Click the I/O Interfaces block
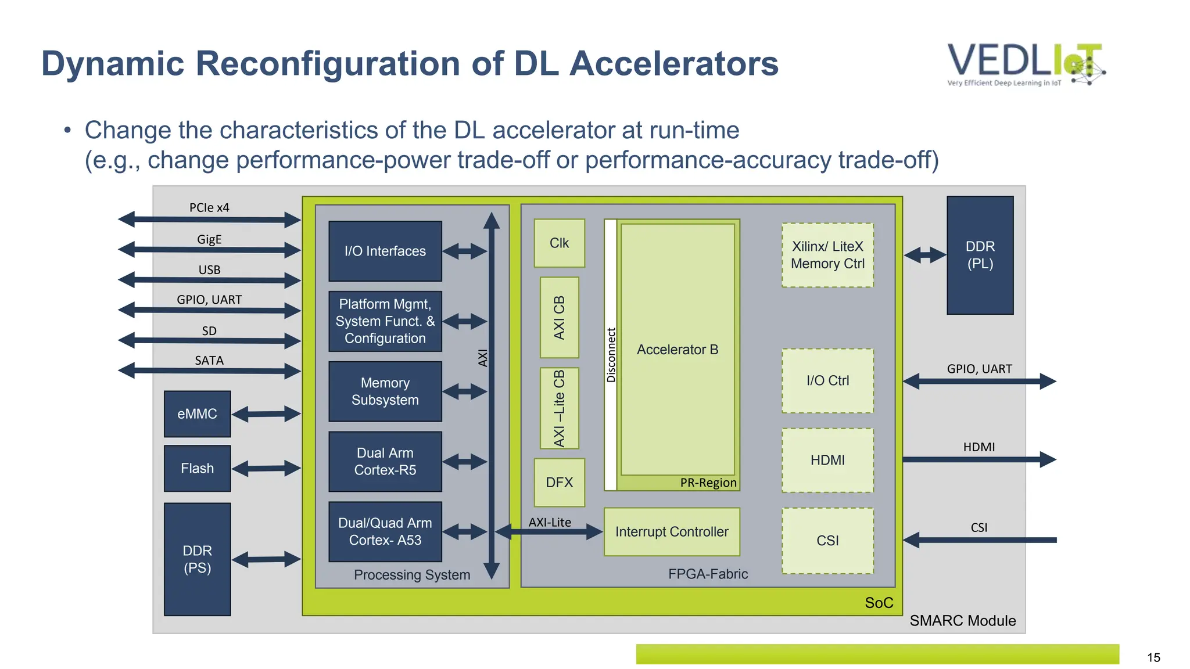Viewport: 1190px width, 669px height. point(385,251)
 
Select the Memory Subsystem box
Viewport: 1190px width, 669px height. point(385,391)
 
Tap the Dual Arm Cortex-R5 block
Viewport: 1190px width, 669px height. point(385,462)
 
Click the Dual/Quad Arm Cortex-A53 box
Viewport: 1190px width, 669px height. point(385,531)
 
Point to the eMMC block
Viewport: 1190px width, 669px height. point(197,414)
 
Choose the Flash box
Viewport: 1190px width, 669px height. point(197,468)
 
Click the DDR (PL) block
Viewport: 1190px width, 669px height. point(980,256)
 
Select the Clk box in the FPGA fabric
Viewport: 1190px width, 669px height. point(559,243)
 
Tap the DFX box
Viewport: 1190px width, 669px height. point(559,482)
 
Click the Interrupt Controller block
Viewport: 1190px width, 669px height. point(672,532)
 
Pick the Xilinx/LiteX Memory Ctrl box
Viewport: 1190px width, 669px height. point(827,255)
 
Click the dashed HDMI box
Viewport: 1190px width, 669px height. point(827,461)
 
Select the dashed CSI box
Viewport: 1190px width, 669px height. point(827,541)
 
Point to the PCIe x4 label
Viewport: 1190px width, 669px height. point(209,208)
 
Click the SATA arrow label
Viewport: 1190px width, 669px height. point(209,361)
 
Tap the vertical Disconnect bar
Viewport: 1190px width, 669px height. point(610,355)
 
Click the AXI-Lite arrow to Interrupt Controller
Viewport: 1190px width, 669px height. point(549,531)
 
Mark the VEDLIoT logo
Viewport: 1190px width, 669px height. point(1026,64)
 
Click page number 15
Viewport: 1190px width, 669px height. point(1153,657)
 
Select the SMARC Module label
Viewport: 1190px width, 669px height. point(962,621)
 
